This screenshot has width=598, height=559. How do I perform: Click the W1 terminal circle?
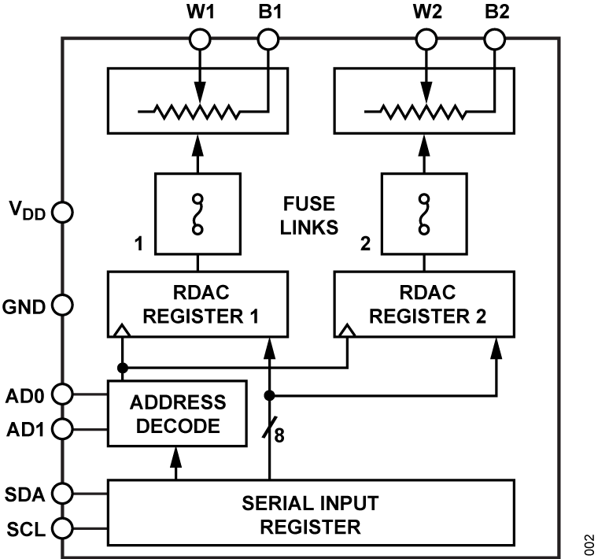click(199, 38)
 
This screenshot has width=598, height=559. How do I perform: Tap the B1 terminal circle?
click(268, 38)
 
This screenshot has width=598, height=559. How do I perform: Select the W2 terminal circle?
click(426, 38)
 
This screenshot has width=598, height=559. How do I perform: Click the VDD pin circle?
click(63, 212)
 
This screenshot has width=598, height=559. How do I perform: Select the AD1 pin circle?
click(63, 429)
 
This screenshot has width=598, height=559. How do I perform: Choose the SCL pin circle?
click(63, 527)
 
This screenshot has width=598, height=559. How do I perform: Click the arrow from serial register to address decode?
click(177, 461)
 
